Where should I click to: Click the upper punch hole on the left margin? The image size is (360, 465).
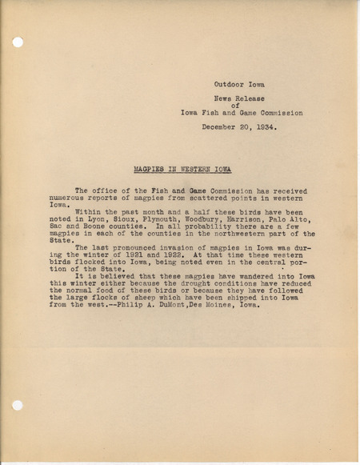(18, 42)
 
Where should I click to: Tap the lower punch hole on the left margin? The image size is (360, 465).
(18, 407)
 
